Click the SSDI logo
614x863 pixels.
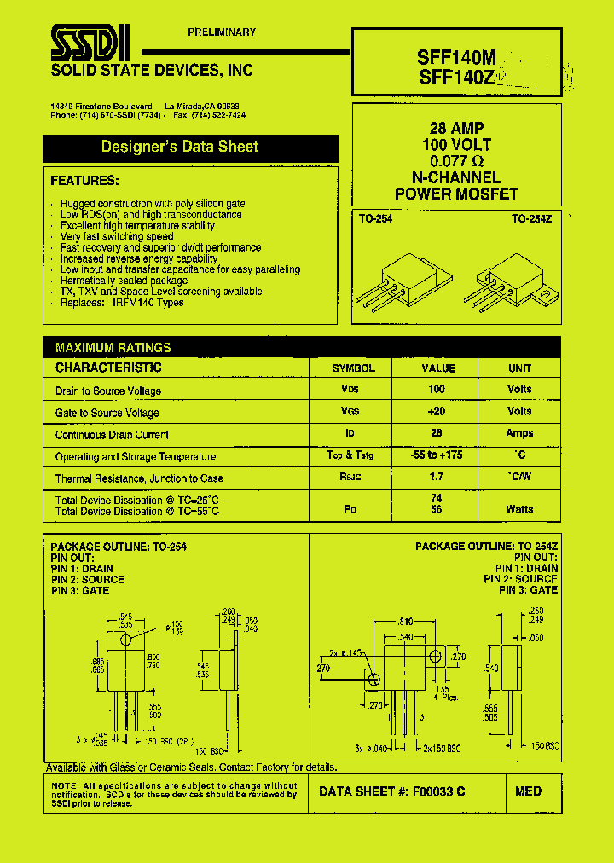pos(90,40)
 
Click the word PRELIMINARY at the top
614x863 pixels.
pos(222,32)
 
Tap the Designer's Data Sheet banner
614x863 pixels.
pos(180,147)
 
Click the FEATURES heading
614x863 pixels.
pos(84,181)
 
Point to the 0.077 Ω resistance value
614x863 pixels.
pos(457,161)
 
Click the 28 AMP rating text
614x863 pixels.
pos(457,129)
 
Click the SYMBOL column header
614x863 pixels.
pos(353,368)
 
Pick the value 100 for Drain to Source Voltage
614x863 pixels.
pos(437,390)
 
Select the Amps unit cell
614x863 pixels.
pos(519,433)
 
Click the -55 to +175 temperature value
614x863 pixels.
pos(437,455)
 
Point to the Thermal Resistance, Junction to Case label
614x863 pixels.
pos(139,478)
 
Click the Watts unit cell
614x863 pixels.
pos(519,509)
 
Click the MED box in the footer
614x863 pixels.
pos(529,791)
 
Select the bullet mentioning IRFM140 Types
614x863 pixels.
pos(122,303)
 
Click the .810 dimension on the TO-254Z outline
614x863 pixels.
pos(406,623)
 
